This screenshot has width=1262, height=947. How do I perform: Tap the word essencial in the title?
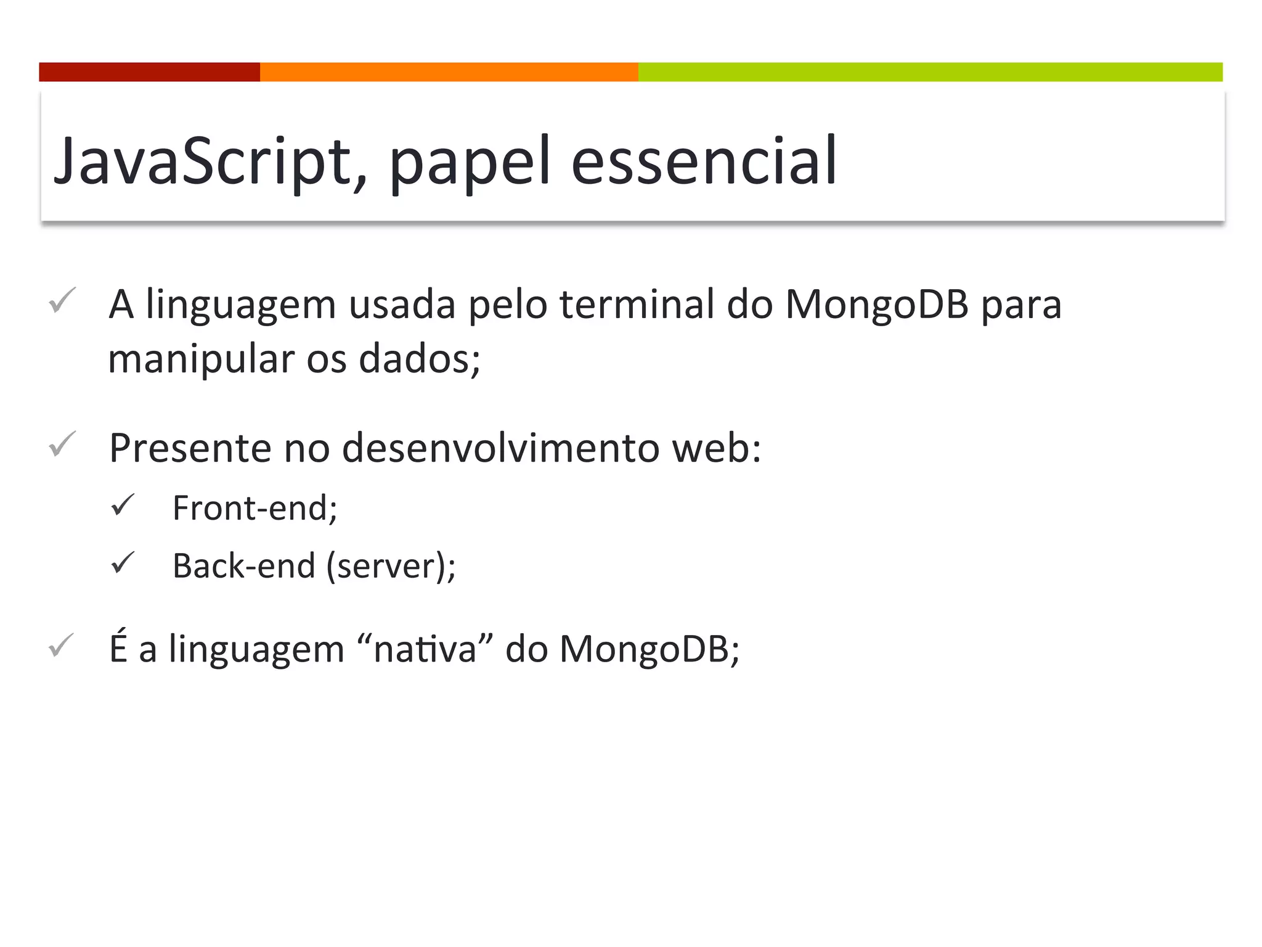(x=704, y=162)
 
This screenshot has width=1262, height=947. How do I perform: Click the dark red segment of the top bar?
(x=149, y=72)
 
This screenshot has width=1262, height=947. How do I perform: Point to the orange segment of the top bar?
(x=449, y=72)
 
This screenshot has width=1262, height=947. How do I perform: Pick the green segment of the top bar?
(x=930, y=72)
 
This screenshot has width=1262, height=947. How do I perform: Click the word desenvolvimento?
(x=500, y=448)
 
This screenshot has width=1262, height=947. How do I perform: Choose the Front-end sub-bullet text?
(x=254, y=508)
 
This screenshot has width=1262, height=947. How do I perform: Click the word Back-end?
(x=244, y=566)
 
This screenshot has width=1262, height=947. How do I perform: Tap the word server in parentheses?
(x=385, y=566)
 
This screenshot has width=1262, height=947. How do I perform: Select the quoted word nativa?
(x=425, y=649)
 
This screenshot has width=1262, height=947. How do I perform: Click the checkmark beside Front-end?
(x=123, y=505)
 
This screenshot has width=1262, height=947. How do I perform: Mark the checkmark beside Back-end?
(x=123, y=563)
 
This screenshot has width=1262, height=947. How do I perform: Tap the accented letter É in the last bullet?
(x=118, y=647)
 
